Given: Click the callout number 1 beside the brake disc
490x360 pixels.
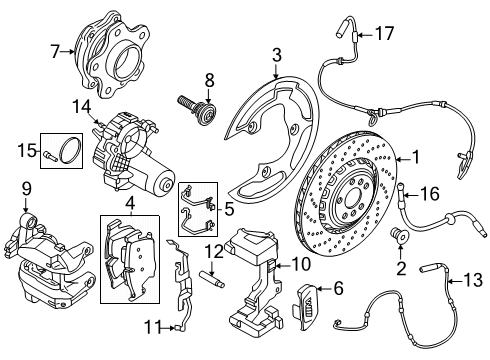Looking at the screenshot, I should tap(416, 156).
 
